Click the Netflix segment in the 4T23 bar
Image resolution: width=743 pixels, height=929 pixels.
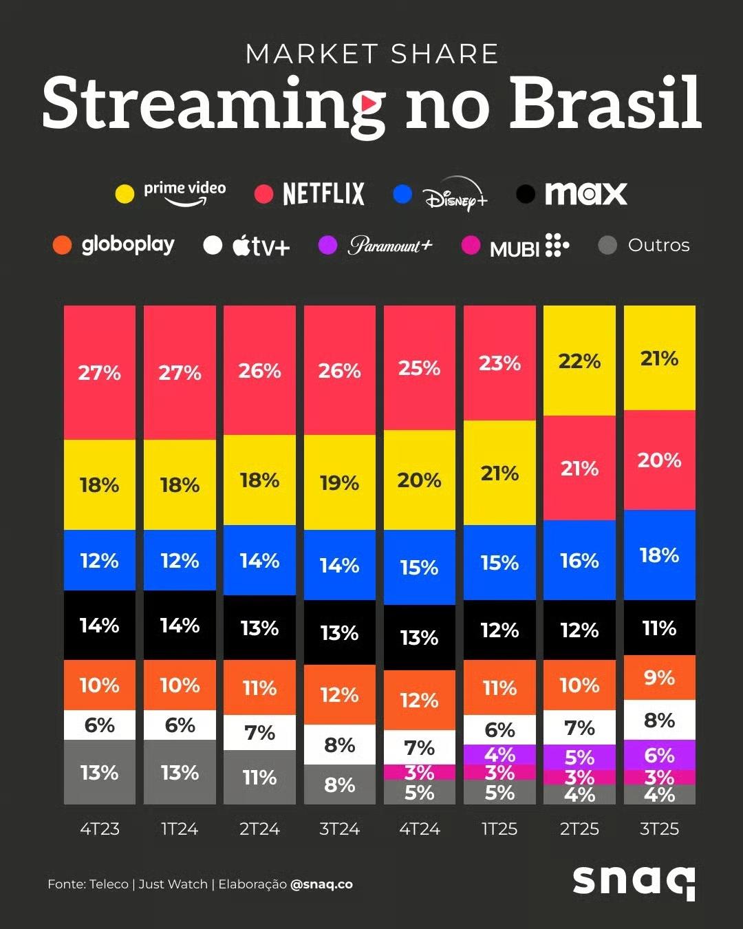coord(100,372)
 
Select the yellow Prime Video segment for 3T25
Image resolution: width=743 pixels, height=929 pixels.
coord(659,358)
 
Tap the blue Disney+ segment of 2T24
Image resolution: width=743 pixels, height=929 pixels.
coord(259,560)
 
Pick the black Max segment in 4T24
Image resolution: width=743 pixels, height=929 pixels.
coord(420,637)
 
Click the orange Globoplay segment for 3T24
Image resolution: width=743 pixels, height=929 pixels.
coord(339,694)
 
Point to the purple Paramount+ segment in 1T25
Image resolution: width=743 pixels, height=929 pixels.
coord(499,754)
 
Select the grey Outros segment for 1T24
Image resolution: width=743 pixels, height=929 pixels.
coord(180,772)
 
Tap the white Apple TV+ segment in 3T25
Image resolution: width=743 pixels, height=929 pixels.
coord(659,720)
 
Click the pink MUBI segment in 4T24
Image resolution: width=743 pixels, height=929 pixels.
coord(420,772)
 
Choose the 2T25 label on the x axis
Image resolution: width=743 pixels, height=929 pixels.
coord(579,829)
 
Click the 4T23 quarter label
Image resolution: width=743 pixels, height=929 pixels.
coord(100,829)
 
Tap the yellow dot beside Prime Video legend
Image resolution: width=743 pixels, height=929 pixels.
coord(125,193)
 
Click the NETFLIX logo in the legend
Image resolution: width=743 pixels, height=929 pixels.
coord(323,193)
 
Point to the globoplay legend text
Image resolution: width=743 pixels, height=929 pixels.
coord(128,245)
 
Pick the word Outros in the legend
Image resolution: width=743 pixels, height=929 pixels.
coord(658,245)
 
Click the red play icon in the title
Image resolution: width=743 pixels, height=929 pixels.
coord(371,104)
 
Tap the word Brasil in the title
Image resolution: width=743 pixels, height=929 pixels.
coord(605,103)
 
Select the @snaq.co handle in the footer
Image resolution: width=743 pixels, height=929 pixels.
coord(321,884)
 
